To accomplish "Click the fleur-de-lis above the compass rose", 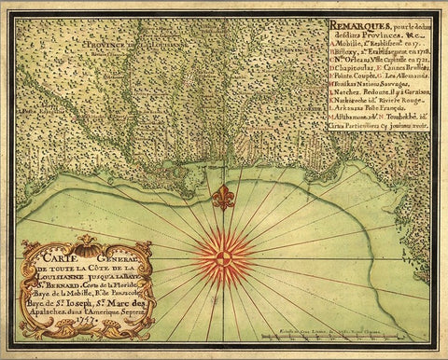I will click(222, 197).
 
